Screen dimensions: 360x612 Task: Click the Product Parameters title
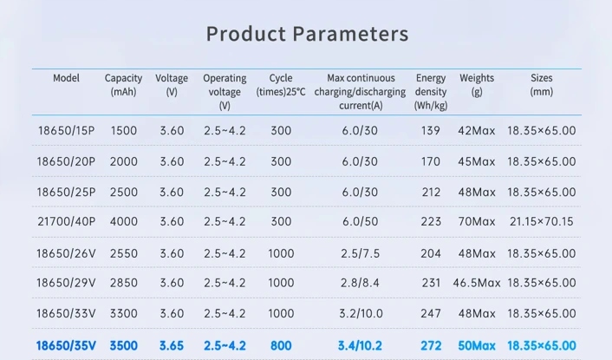click(x=307, y=35)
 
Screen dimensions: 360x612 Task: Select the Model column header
click(x=66, y=78)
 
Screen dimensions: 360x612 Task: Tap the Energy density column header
click(x=431, y=91)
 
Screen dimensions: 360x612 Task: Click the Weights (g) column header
click(x=477, y=84)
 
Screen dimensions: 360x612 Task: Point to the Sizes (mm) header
click(x=541, y=84)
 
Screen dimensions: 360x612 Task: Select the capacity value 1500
click(x=124, y=131)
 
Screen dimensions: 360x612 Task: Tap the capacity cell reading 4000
click(x=124, y=222)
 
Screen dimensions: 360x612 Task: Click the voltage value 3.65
click(x=172, y=345)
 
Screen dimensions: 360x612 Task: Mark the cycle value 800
click(x=281, y=345)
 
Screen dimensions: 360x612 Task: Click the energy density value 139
click(x=431, y=131)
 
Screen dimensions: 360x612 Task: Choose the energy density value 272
click(x=431, y=345)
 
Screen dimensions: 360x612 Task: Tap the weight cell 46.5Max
click(x=477, y=284)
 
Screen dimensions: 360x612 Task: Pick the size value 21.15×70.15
click(x=541, y=222)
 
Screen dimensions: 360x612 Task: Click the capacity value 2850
click(x=124, y=284)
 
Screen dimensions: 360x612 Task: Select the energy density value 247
click(x=431, y=314)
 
